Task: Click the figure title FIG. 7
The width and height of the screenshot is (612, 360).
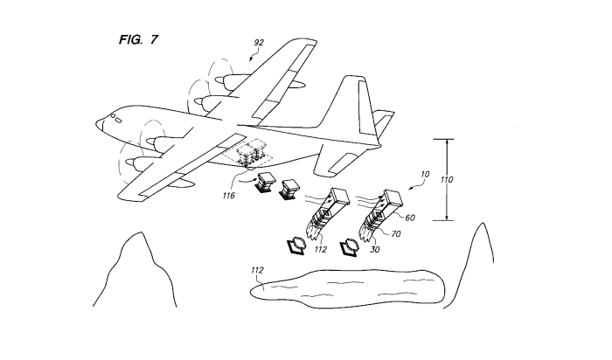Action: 138,39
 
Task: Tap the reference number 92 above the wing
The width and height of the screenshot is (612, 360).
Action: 259,43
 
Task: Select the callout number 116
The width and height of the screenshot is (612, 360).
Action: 229,196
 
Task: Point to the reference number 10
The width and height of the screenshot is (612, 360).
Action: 425,175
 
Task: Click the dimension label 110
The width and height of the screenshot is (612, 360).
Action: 447,180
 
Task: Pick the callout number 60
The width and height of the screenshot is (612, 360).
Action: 410,218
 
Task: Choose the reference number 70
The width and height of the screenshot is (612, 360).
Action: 395,234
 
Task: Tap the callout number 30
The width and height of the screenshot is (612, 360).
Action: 374,249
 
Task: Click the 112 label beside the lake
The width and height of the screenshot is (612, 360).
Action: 257,270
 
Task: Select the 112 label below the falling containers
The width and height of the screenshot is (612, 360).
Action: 321,249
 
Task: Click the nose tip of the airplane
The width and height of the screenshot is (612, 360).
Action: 96,124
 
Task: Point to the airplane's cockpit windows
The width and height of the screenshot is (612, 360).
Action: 116,118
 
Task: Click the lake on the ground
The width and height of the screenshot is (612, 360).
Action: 347,288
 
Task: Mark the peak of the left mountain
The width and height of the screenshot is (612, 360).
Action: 141,232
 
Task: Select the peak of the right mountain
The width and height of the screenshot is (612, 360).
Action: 483,223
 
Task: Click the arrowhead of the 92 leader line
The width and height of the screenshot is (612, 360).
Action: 251,59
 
